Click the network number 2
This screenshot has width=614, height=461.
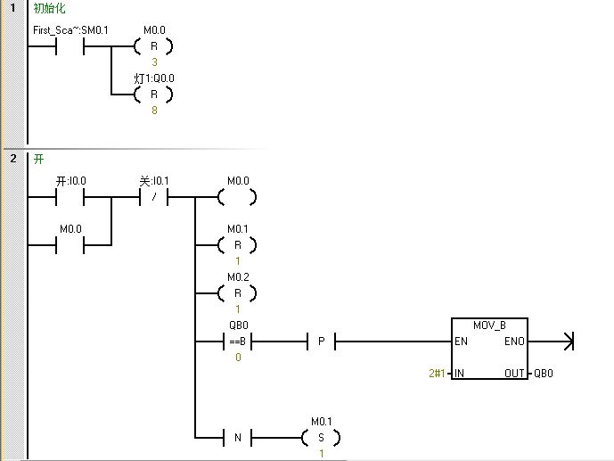click(13, 159)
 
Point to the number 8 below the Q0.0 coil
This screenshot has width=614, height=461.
click(153, 111)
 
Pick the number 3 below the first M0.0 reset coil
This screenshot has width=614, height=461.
click(153, 62)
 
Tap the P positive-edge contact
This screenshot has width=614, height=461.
click(319, 342)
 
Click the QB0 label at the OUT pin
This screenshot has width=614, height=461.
click(544, 374)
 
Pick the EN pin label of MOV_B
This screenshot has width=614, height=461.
click(461, 342)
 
